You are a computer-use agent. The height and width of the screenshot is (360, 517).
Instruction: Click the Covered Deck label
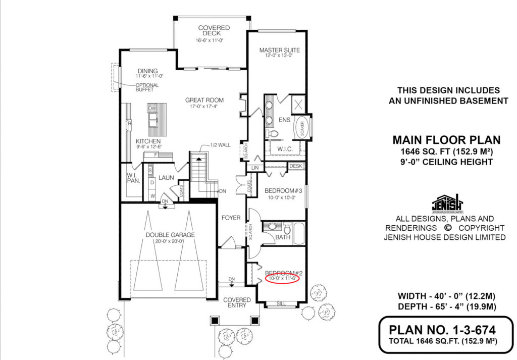tap(214, 31)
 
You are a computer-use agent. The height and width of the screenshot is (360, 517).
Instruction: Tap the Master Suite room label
tap(279, 50)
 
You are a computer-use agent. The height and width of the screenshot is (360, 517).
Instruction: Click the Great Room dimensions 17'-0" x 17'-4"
tap(204, 107)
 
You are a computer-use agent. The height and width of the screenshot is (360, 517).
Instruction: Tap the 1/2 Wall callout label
tap(221, 145)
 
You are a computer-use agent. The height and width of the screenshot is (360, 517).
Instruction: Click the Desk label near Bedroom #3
tap(295, 166)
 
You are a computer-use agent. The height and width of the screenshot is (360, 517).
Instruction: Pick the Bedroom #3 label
tap(283, 190)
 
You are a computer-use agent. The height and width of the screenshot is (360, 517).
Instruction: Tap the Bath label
tap(283, 237)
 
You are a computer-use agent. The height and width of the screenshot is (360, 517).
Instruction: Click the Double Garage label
tap(170, 235)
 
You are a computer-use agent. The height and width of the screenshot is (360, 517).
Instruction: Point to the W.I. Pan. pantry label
tap(133, 178)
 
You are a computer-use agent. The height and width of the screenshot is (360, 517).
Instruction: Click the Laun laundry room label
tap(166, 178)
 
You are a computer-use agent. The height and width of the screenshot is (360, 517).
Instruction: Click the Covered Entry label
tap(237, 302)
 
